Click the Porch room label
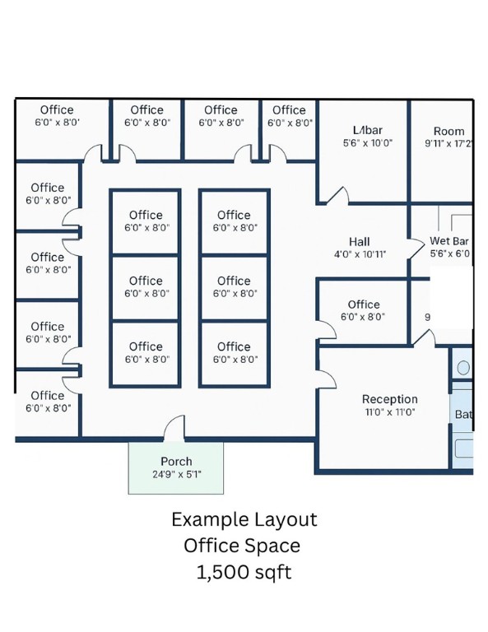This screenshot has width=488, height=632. point(176,462)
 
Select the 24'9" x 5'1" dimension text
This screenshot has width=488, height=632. point(176,474)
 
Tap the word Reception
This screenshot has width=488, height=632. point(389,399)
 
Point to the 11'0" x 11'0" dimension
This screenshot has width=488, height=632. point(389,411)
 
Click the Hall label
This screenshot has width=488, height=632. point(359,242)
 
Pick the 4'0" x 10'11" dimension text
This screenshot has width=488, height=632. point(360,254)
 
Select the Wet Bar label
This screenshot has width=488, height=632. point(449,241)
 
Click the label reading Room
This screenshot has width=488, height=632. point(448,131)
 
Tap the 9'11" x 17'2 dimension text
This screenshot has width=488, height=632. point(448,143)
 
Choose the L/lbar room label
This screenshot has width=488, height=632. point(367,130)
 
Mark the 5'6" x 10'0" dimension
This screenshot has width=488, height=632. point(367,142)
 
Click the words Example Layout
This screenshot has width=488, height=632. point(244,520)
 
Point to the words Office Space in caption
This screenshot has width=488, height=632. point(242,546)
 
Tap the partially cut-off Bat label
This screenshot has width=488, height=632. point(463,415)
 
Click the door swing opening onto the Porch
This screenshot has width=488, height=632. point(174,430)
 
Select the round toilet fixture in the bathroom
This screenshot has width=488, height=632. point(462,368)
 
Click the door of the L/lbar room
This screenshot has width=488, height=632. point(337,196)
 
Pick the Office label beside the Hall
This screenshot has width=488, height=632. point(363,304)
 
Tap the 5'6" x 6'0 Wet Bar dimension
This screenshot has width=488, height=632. point(449,253)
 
